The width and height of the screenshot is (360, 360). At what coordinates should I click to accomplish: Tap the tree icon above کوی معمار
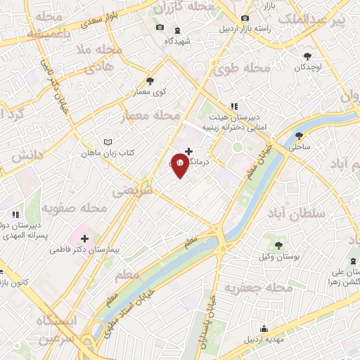tap(150, 81)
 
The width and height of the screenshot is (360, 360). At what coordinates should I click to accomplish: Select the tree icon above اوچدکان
tap(307, 56)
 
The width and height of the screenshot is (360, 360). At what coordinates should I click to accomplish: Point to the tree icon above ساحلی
tap(300, 136)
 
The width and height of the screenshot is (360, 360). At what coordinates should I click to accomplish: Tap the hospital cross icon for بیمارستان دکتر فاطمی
tap(85, 238)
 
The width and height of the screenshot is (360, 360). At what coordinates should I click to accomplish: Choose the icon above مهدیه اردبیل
tap(264, 328)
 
